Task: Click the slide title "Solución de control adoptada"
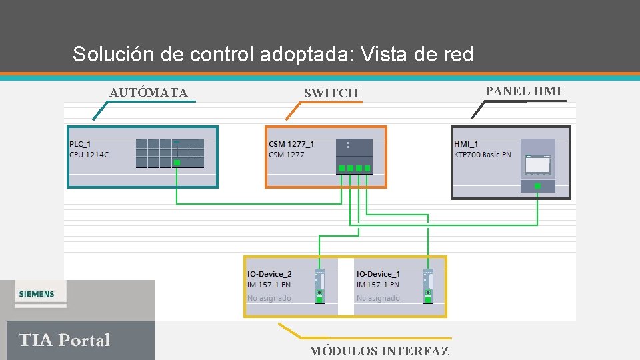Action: click(x=273, y=54)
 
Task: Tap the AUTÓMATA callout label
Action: click(x=149, y=93)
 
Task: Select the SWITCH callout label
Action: click(x=331, y=93)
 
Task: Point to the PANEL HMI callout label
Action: click(x=523, y=91)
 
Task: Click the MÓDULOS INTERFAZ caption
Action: click(x=379, y=351)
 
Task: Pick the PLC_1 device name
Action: click(x=80, y=144)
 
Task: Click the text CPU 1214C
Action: click(x=89, y=155)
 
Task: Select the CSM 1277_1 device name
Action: click(x=291, y=144)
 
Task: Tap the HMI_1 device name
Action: click(x=466, y=144)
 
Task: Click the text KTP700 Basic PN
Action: click(x=483, y=155)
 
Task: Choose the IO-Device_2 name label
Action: click(x=269, y=274)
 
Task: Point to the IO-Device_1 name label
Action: click(x=378, y=274)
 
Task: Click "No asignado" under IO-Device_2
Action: click(x=269, y=298)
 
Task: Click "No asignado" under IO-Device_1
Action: click(x=378, y=298)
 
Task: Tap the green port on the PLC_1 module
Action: click(x=177, y=163)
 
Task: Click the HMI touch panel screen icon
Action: click(x=537, y=164)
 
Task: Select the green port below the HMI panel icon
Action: click(x=537, y=186)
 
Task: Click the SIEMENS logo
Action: click(x=37, y=294)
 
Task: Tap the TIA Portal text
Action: click(x=64, y=340)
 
